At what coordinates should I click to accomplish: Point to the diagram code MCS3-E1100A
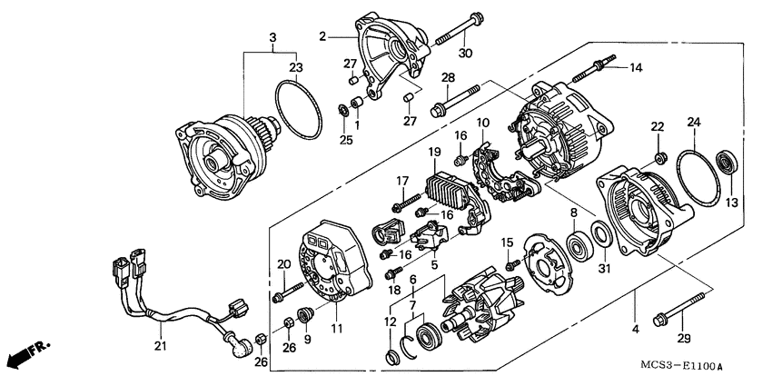672,367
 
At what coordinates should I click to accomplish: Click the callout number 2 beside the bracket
322,37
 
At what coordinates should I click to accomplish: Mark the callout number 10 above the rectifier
483,122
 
